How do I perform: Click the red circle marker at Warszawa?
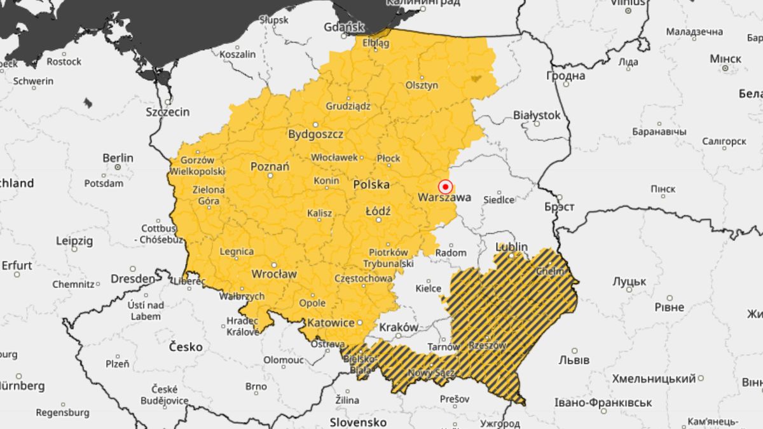pos(446,187)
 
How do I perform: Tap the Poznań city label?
pos(270,167)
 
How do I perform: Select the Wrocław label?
pos(274,275)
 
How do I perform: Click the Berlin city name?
pos(118,158)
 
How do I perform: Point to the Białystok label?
pos(537,116)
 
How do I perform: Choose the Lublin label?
pos(512,247)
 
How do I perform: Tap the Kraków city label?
pos(399,327)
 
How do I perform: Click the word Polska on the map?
pos(371,185)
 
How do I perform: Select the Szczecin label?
pos(168,112)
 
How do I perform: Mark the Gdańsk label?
pos(344,27)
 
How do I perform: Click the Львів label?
pos(575,360)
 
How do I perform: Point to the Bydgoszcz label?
pos(315,135)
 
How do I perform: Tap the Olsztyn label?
pos(422,85)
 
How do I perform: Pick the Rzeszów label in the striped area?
pos(487,346)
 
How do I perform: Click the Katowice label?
pos(330,323)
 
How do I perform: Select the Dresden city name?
pos(132,278)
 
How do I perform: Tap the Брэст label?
pos(559,207)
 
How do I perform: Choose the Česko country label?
pos(186,347)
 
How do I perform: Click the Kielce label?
pos(428,289)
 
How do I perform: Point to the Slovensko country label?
pos(358,422)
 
